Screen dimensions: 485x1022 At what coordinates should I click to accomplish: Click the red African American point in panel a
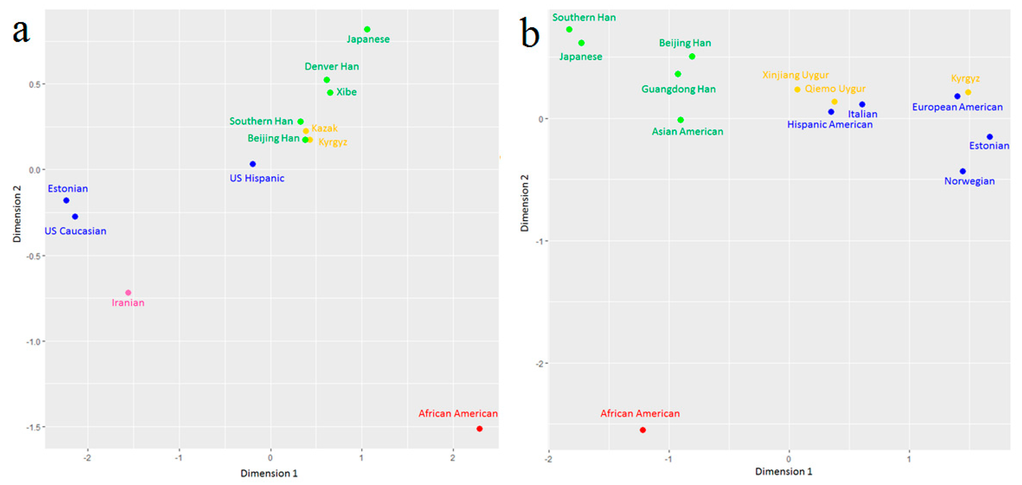tap(479, 429)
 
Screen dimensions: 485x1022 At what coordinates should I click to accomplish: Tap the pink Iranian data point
tap(128, 292)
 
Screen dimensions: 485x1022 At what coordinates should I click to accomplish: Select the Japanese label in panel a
tap(368, 39)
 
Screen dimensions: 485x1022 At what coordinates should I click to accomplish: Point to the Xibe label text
tap(346, 92)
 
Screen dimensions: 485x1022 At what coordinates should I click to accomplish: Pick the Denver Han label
tap(332, 66)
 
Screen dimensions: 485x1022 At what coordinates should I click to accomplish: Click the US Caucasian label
tap(75, 231)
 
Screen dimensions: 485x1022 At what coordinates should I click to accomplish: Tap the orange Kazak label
tap(324, 128)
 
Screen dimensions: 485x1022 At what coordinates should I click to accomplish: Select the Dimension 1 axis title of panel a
tap(269, 473)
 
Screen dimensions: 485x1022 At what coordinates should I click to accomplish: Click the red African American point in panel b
tap(643, 430)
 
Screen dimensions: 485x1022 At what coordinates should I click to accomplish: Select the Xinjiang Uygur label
tap(795, 75)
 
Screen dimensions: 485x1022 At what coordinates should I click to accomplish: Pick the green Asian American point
tap(680, 120)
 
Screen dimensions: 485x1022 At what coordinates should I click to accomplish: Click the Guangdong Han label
tap(678, 89)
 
